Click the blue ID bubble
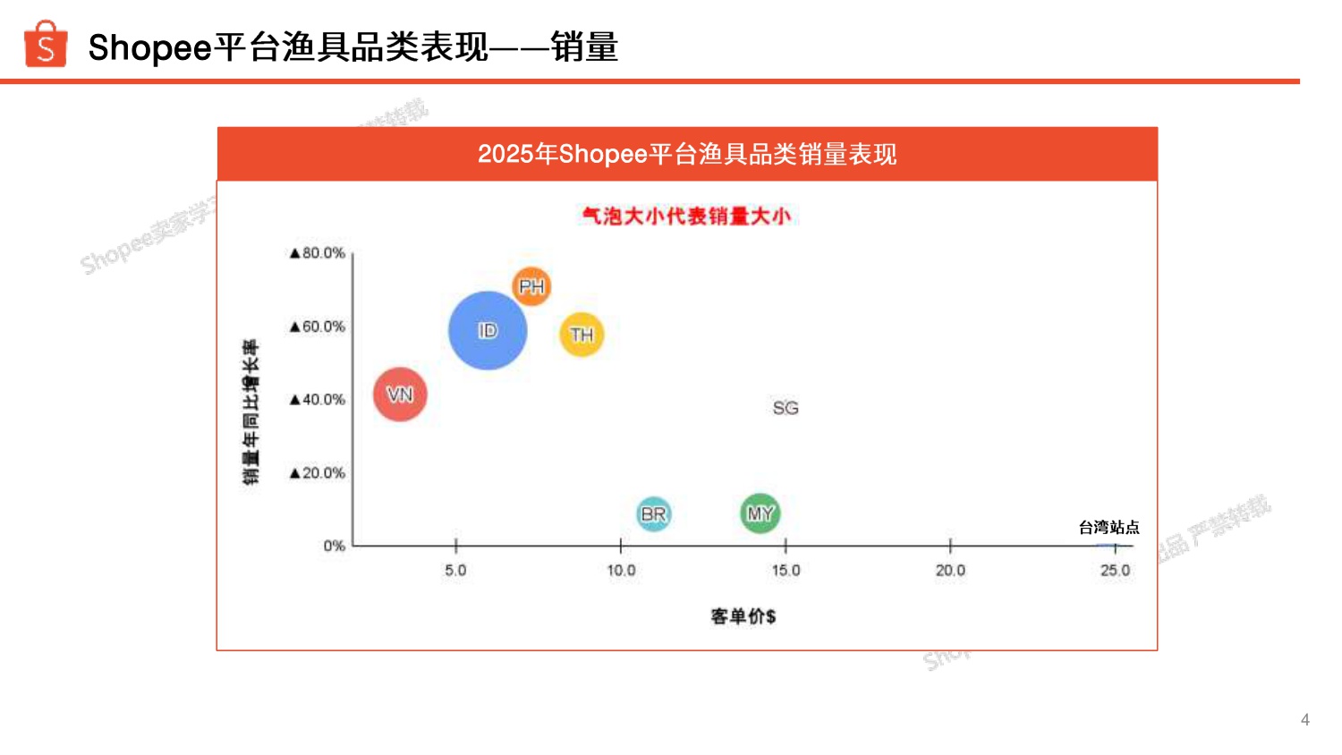click(488, 331)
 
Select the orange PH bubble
click(531, 286)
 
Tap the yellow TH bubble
click(582, 335)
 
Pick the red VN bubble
click(400, 394)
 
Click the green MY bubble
click(760, 513)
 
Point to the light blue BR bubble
click(654, 514)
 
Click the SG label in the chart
click(786, 408)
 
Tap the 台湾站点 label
click(1108, 528)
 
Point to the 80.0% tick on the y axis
click(318, 253)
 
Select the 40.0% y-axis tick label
click(318, 400)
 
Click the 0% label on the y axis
click(334, 546)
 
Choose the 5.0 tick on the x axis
click(455, 571)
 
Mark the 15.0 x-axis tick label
click(786, 571)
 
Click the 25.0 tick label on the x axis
click(1115, 571)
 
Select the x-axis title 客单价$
click(743, 616)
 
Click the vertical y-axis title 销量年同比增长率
click(251, 411)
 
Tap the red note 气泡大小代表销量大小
click(686, 216)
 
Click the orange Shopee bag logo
click(46, 45)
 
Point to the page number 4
click(1304, 719)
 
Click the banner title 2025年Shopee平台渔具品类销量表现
click(686, 154)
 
